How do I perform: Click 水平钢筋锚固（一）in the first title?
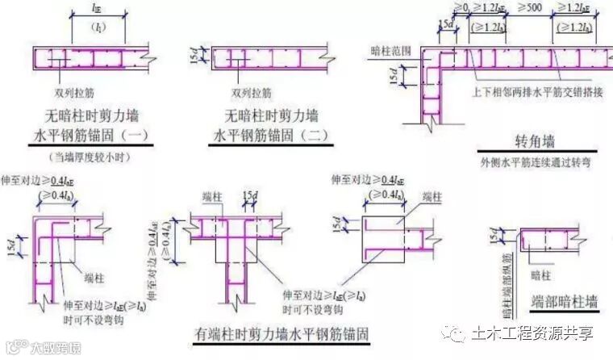(x=86, y=133)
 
